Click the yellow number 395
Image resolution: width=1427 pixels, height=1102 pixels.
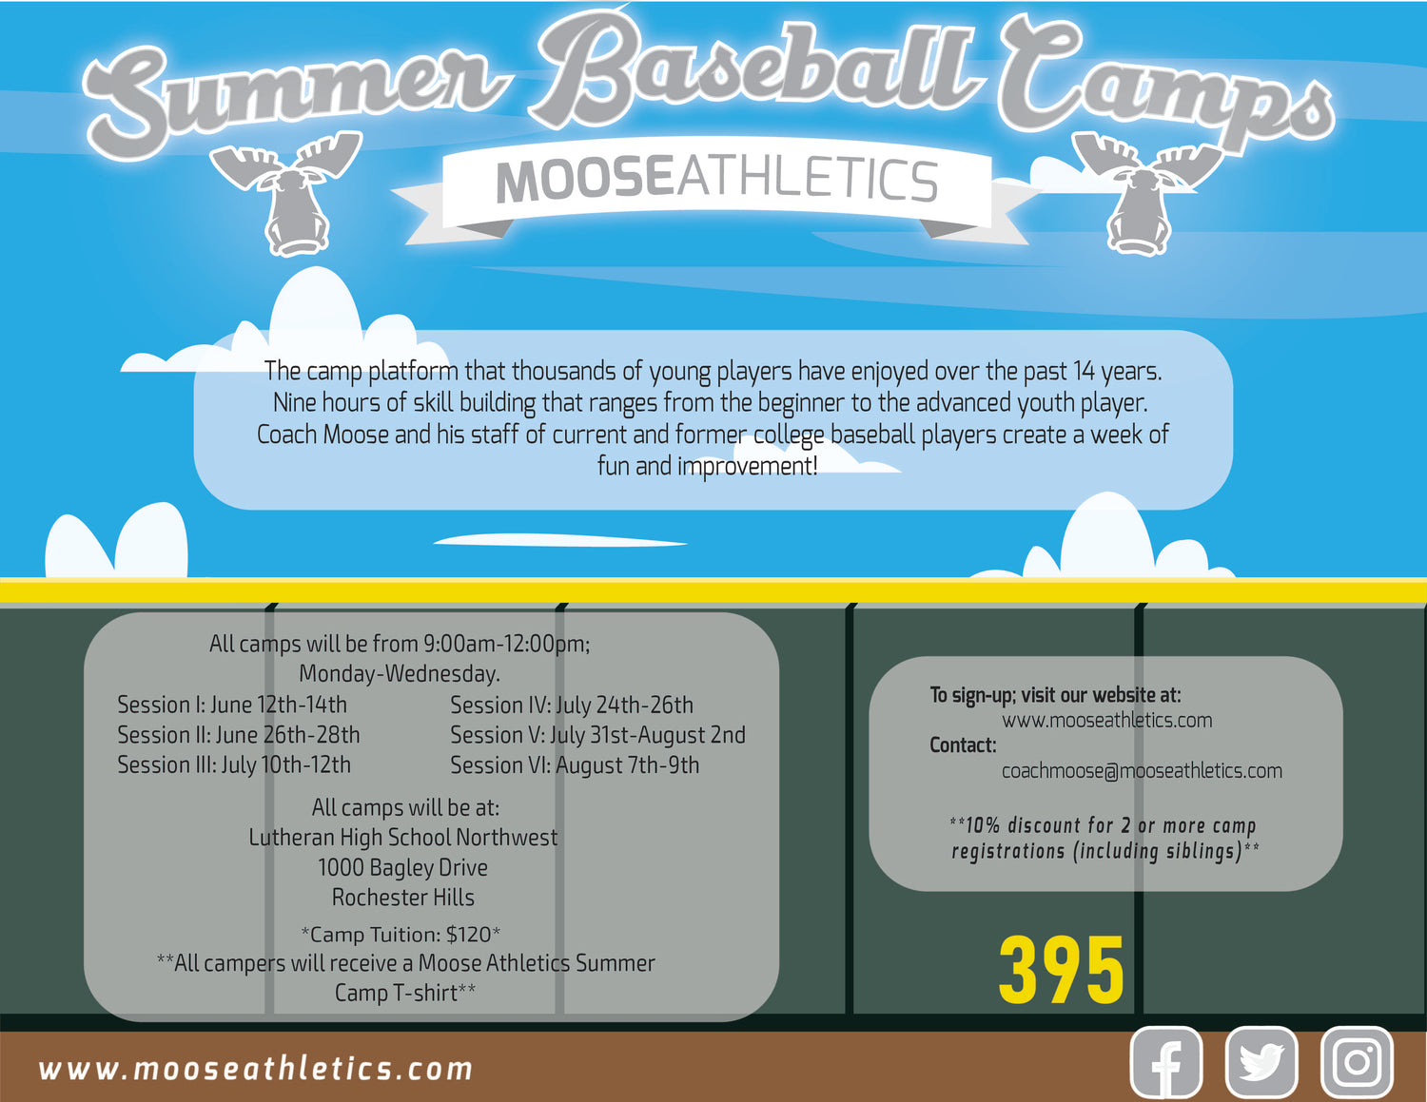coord(1062,970)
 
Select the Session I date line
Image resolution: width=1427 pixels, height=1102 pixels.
coord(232,705)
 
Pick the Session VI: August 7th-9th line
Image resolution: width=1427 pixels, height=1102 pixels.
coord(575,765)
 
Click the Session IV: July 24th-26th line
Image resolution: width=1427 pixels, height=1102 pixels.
coord(572,706)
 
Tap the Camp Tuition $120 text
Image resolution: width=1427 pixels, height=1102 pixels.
coord(401,934)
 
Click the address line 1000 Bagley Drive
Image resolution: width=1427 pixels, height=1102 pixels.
coord(402,868)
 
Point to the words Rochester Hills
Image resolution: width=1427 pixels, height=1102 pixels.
coord(402,898)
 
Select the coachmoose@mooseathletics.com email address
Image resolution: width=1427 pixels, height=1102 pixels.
coord(1142,770)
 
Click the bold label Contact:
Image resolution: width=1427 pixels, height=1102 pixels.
coord(963,744)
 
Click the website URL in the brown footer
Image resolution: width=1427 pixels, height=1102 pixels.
coord(256,1069)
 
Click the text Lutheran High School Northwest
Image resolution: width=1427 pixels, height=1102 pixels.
coord(402,838)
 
